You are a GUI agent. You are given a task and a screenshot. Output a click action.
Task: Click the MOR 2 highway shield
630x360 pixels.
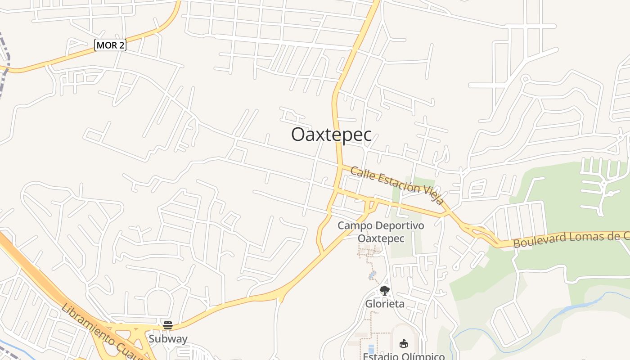point(110,45)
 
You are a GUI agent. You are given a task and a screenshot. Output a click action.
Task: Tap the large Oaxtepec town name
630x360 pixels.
point(331,135)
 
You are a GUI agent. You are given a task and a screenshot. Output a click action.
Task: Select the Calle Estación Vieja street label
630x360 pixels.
point(397,186)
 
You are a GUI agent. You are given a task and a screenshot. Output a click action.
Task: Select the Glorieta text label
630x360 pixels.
point(384,304)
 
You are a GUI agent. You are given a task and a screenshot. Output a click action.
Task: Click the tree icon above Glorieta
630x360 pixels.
point(384,291)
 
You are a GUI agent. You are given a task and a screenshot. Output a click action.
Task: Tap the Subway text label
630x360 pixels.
point(168,339)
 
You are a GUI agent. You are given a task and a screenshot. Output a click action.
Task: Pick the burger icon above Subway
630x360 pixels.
point(168,325)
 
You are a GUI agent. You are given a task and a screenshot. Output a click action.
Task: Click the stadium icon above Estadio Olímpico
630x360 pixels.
point(403,344)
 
